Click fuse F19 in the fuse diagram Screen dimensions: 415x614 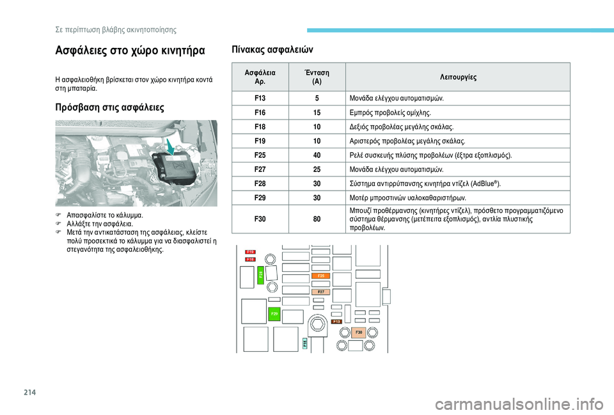pos(250,252)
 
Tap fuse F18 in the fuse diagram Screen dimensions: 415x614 pos(250,260)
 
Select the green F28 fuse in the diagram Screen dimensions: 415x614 pos(261,275)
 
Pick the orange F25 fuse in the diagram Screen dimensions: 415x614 pos(320,276)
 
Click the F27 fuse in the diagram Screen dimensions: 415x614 pos(322,292)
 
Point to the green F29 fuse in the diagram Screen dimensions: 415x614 pos(274,314)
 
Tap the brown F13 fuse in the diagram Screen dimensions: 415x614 pos(336,322)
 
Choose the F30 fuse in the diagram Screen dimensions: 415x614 pos(359,333)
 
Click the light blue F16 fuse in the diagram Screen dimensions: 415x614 pos(305,343)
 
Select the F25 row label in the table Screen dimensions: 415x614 pos(260,155)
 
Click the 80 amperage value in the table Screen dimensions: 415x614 pos(317,219)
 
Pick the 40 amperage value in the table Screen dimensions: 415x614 pos(317,155)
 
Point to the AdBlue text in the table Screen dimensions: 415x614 pos(481,184)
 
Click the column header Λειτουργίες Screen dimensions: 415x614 pos(457,77)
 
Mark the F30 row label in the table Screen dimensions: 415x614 pos(260,219)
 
